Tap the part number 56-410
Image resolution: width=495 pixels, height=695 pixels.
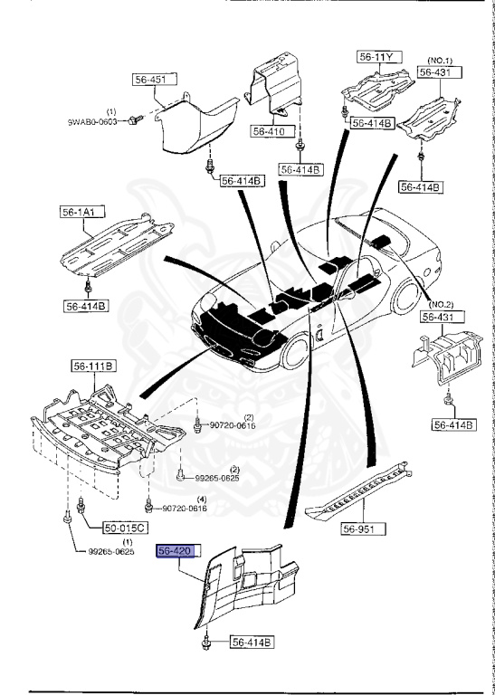click(x=270, y=131)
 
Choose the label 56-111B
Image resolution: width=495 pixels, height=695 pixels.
click(x=93, y=367)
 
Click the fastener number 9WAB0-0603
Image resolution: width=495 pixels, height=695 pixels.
click(x=94, y=120)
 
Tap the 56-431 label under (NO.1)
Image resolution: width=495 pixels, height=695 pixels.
click(x=438, y=72)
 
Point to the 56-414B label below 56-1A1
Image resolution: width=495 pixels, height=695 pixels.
click(x=86, y=306)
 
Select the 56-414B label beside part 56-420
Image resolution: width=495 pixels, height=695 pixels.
click(x=251, y=643)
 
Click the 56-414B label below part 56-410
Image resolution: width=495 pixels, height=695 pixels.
click(x=300, y=168)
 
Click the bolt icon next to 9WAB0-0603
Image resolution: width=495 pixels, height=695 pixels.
click(x=134, y=119)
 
